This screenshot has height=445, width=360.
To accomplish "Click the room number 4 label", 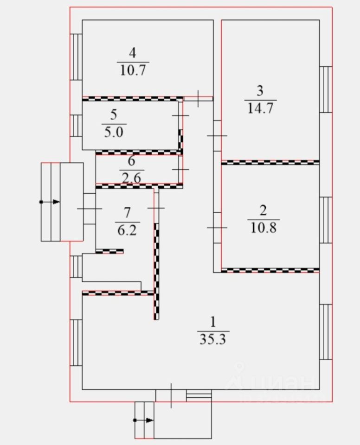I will [133, 53].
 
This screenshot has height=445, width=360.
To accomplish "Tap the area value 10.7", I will [133, 70].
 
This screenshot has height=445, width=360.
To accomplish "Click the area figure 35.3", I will [213, 339].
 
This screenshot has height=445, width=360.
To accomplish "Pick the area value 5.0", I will [114, 132].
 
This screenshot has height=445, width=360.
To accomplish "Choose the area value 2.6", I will [131, 177].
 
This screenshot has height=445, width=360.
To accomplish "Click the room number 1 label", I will [213, 322].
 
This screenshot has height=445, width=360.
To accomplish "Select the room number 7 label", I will [128, 212].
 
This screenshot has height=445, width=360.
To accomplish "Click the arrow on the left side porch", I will [55, 202].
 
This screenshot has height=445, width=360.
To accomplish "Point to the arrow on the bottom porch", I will [148, 420].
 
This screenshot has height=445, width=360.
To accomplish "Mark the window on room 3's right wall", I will [327, 89].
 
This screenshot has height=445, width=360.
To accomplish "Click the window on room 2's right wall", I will [327, 220].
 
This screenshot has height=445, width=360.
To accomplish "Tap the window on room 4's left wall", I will [76, 57].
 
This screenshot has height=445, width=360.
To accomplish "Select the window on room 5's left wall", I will [76, 125].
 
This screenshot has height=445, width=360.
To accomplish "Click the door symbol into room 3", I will [217, 135].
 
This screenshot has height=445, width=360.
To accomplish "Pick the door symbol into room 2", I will [217, 228].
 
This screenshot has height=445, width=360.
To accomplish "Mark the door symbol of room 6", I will [181, 170].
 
